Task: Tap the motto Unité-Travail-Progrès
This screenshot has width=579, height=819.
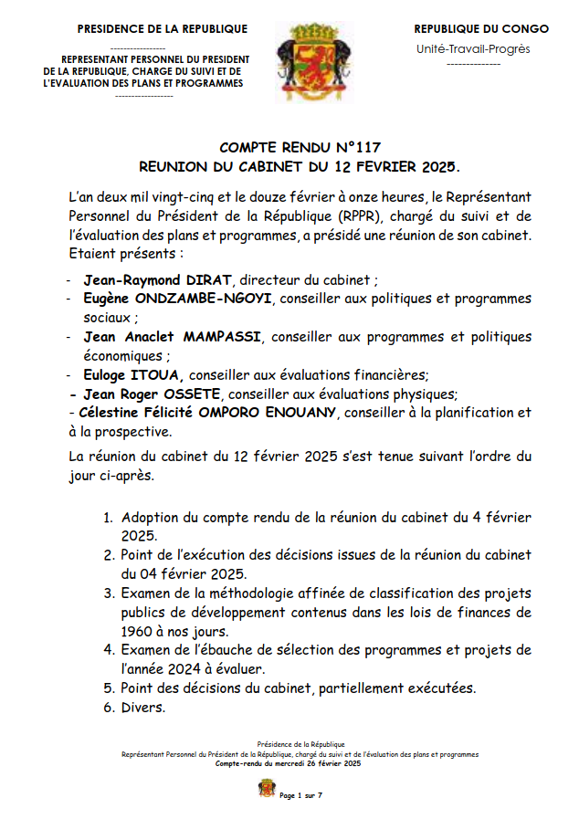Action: (x=472, y=49)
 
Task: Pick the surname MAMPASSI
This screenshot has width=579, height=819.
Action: (x=222, y=336)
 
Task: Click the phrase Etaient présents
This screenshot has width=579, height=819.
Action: (x=120, y=253)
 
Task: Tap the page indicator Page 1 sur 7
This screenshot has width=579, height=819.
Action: (x=301, y=795)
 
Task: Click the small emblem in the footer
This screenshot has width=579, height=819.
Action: (x=267, y=788)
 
